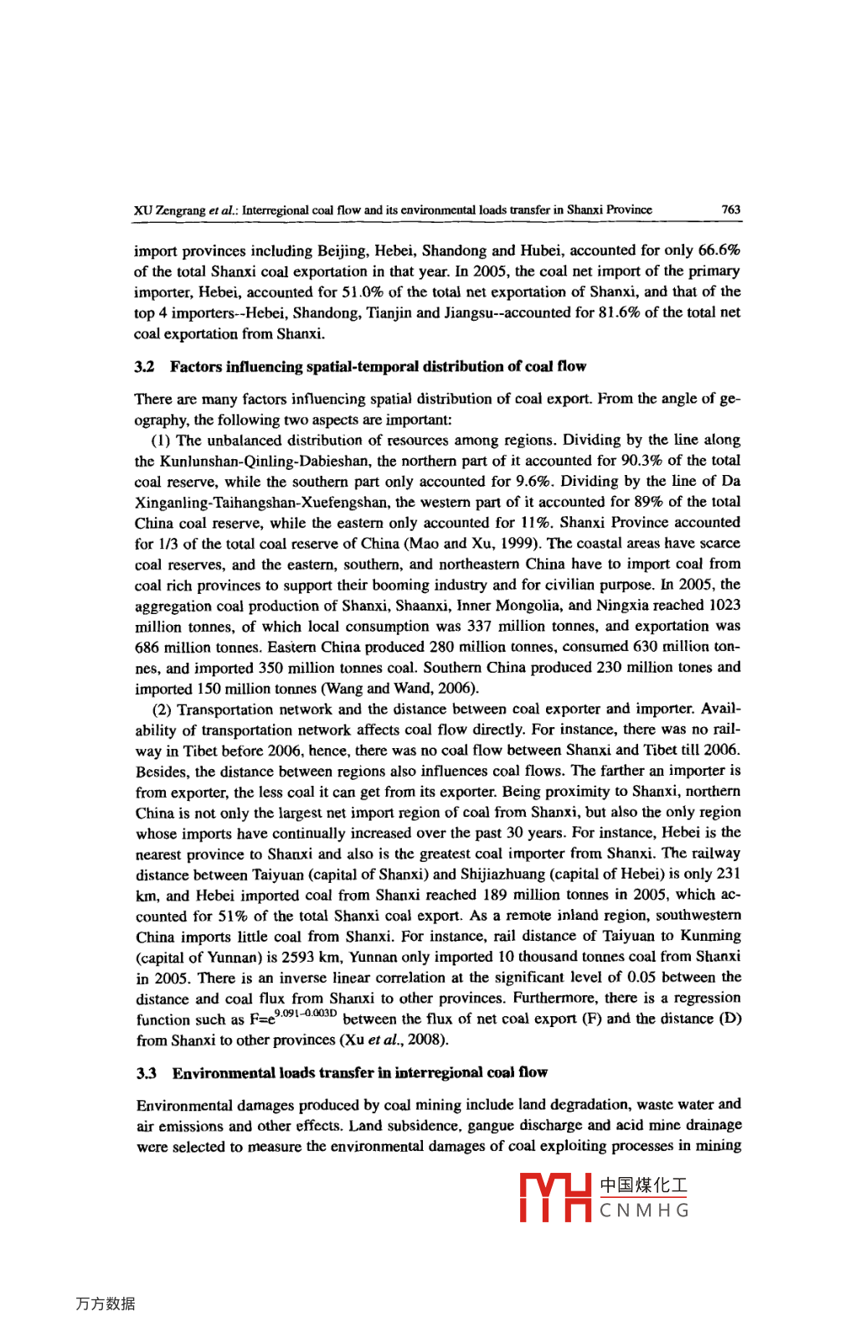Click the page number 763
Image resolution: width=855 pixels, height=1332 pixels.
(730, 209)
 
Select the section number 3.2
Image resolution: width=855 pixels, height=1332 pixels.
(144, 366)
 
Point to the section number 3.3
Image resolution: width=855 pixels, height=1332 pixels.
(146, 1072)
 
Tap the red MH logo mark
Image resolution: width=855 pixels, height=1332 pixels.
(555, 1197)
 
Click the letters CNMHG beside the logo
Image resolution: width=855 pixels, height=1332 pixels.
(644, 1211)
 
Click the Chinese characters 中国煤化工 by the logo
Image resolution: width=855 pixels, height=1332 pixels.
(644, 1185)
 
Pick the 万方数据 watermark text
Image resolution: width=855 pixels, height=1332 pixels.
(106, 1304)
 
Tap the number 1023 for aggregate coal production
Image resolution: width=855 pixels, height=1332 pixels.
(724, 605)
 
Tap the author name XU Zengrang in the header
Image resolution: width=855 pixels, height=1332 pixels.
(169, 209)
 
